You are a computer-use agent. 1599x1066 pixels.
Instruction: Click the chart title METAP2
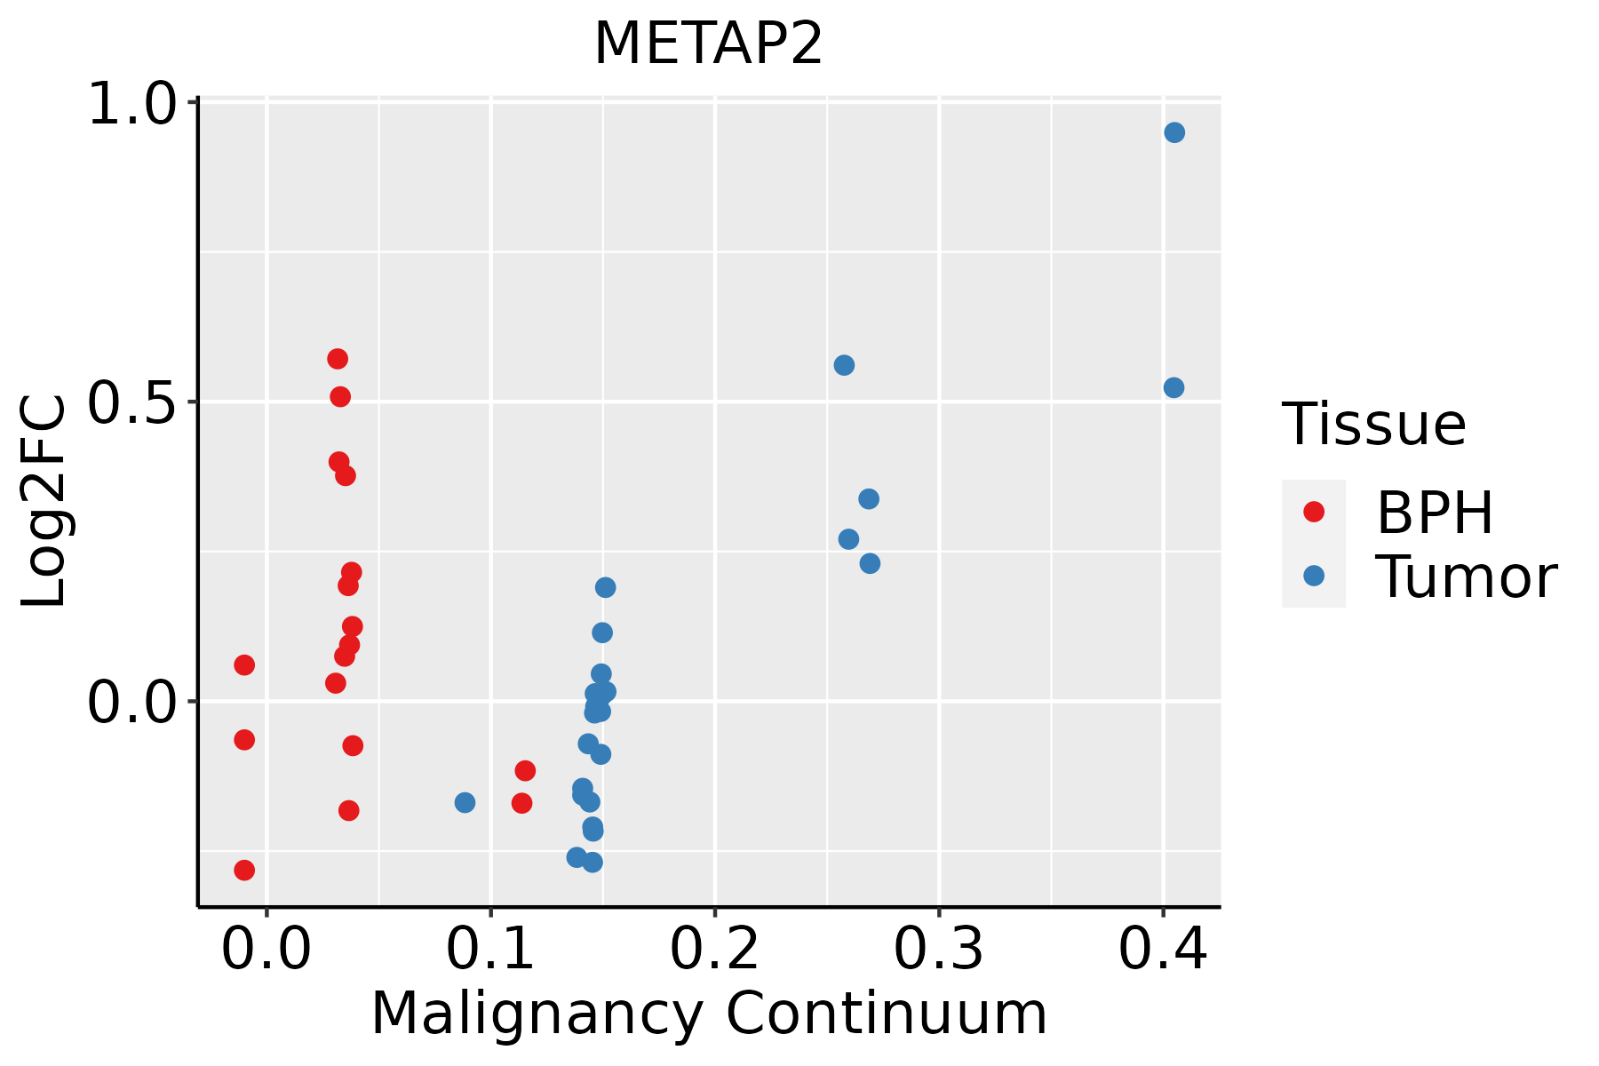(708, 44)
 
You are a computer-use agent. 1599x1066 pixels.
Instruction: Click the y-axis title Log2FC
(44, 502)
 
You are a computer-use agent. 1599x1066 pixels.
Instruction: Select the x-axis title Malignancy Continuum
(708, 1014)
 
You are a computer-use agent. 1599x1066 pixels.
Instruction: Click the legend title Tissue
(1373, 425)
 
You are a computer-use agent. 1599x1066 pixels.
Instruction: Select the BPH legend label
(1434, 513)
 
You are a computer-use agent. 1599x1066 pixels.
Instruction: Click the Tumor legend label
(1466, 577)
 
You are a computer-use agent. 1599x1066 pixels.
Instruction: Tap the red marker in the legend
(1313, 512)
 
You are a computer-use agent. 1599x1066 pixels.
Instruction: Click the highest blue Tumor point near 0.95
(1174, 132)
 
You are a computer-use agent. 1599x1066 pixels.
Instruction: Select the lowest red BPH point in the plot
(244, 870)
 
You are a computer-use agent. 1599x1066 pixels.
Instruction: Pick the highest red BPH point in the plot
(338, 359)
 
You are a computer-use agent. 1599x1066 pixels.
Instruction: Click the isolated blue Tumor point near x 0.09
(465, 802)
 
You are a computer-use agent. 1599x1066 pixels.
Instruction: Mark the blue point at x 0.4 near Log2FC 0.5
(1173, 387)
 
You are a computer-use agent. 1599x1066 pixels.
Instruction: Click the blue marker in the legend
(1313, 576)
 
